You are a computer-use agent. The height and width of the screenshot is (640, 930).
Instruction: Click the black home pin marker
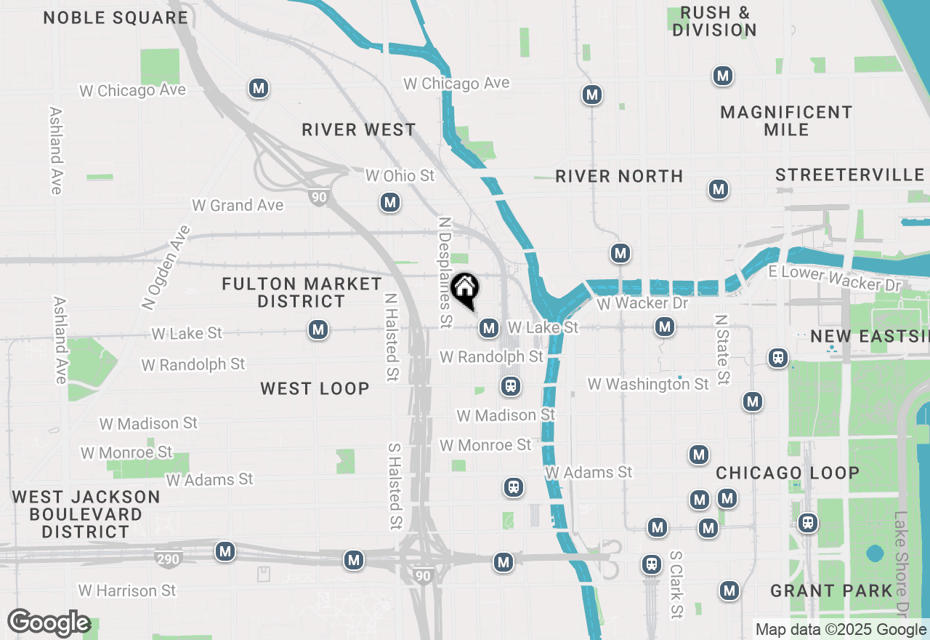464,290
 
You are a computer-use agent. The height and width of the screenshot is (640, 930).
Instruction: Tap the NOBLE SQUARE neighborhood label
116,18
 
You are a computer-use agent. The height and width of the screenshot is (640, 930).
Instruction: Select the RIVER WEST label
359,130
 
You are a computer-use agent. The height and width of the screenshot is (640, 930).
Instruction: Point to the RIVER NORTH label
619,176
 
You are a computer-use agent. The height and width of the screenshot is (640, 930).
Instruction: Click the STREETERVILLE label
849,175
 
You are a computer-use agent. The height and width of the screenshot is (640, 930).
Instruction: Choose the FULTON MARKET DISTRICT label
302,292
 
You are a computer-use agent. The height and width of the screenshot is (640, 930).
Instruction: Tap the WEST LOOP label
315,389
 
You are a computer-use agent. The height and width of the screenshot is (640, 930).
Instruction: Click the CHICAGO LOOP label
788,473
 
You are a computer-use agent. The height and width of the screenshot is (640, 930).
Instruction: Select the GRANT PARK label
831,591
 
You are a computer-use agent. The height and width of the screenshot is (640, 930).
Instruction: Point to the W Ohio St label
400,176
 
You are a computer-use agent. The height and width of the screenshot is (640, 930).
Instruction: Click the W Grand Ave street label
238,206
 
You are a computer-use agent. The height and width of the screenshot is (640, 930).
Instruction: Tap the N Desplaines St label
445,271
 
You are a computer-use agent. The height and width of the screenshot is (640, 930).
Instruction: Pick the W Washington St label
648,384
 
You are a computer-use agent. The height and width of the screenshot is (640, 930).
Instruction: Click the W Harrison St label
127,591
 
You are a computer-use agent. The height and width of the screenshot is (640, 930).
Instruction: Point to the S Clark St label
676,584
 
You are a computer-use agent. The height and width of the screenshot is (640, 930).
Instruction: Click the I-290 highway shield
168,559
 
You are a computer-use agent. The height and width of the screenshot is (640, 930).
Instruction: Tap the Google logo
49,623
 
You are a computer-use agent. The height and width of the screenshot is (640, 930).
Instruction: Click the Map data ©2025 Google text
841,630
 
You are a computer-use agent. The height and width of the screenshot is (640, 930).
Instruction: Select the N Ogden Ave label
166,268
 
